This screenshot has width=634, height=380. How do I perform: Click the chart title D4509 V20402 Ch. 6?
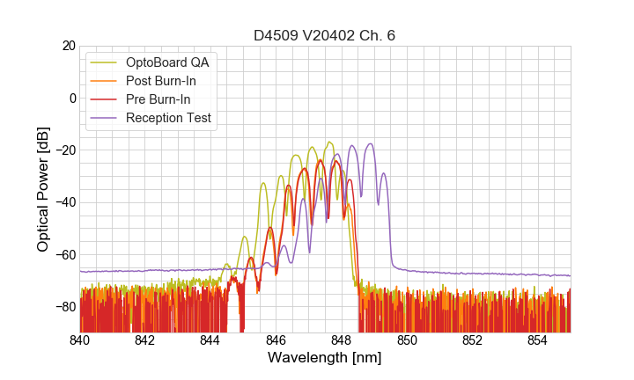click(x=325, y=35)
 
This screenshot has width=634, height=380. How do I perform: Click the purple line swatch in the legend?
click(x=105, y=118)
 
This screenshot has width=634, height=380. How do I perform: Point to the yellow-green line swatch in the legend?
click(x=105, y=62)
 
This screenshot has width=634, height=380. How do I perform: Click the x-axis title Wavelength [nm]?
click(x=325, y=358)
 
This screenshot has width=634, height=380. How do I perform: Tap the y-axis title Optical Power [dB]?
click(x=43, y=189)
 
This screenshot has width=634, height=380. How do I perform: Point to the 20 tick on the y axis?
click(x=68, y=46)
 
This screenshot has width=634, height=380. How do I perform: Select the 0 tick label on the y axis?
click(x=71, y=98)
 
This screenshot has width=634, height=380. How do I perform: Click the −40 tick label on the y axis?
click(x=64, y=202)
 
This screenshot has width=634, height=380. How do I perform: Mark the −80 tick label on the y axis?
click(x=64, y=307)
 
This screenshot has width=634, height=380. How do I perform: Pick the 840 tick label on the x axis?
click(x=80, y=340)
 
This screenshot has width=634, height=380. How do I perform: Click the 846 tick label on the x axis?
click(x=276, y=340)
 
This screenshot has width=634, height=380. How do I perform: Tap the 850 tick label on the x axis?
click(x=407, y=340)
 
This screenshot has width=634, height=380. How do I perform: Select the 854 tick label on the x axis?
click(x=537, y=340)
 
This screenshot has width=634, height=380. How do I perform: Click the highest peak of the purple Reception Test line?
click(x=370, y=143)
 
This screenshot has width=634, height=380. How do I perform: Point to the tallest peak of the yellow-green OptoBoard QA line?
click(x=329, y=142)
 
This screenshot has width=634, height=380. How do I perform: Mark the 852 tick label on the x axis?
click(x=472, y=340)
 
